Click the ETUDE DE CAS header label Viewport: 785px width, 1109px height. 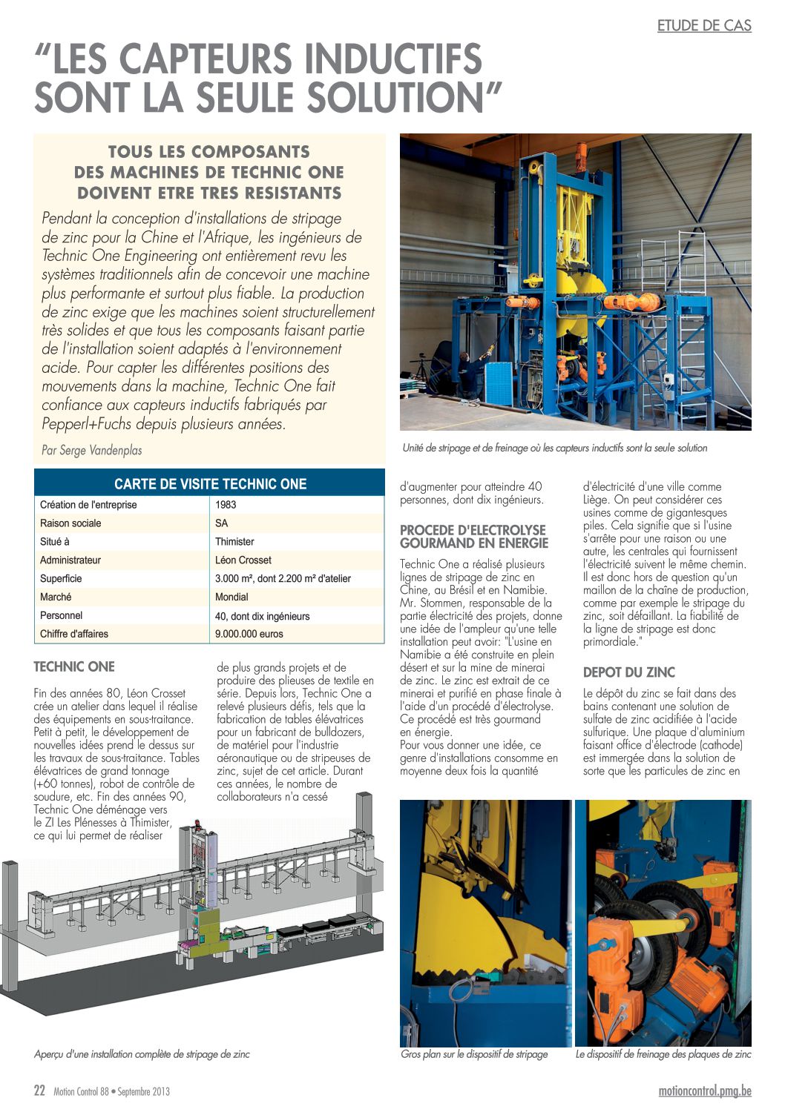click(x=704, y=26)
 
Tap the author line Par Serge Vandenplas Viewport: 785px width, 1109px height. click(x=92, y=450)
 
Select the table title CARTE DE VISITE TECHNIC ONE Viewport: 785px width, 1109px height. click(x=210, y=484)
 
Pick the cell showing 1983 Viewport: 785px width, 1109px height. click(x=226, y=505)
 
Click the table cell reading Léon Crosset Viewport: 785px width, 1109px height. click(x=243, y=560)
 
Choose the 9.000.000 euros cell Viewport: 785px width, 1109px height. click(x=249, y=635)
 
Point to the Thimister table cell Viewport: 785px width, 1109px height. click(x=234, y=542)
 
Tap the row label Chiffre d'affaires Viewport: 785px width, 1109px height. click(x=74, y=635)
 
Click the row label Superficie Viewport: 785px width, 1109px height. click(x=61, y=579)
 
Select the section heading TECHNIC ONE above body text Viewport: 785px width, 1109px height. click(x=74, y=667)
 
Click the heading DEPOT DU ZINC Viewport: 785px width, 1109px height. click(x=629, y=673)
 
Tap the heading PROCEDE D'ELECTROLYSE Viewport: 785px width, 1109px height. click(x=473, y=531)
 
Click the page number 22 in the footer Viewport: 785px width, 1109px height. click(x=40, y=1091)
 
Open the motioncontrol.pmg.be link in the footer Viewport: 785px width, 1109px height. click(x=705, y=1091)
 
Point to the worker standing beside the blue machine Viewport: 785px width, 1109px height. click(x=466, y=374)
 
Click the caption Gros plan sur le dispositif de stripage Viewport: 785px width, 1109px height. click(x=474, y=1054)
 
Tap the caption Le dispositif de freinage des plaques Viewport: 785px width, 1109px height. click(x=663, y=1054)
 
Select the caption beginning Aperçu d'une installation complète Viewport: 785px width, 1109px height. click(x=142, y=1054)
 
